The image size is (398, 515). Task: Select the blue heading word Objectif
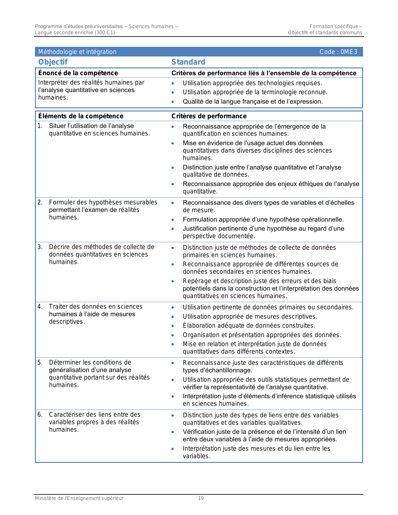(x=53, y=62)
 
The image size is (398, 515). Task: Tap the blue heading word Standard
(x=188, y=62)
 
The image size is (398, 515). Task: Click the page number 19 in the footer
(x=201, y=498)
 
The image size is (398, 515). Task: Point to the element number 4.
(x=40, y=307)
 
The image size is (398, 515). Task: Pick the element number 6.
(x=40, y=414)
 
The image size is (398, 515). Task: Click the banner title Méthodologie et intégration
(x=77, y=52)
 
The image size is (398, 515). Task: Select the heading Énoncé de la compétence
(x=78, y=73)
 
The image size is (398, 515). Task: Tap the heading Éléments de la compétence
(x=81, y=116)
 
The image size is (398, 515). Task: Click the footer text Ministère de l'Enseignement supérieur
(x=79, y=498)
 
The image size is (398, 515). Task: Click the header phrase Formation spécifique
(x=334, y=27)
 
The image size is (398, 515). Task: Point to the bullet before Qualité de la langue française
(x=173, y=102)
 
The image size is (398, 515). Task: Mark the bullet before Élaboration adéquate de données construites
(x=173, y=326)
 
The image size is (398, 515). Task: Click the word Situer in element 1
(x=57, y=126)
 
